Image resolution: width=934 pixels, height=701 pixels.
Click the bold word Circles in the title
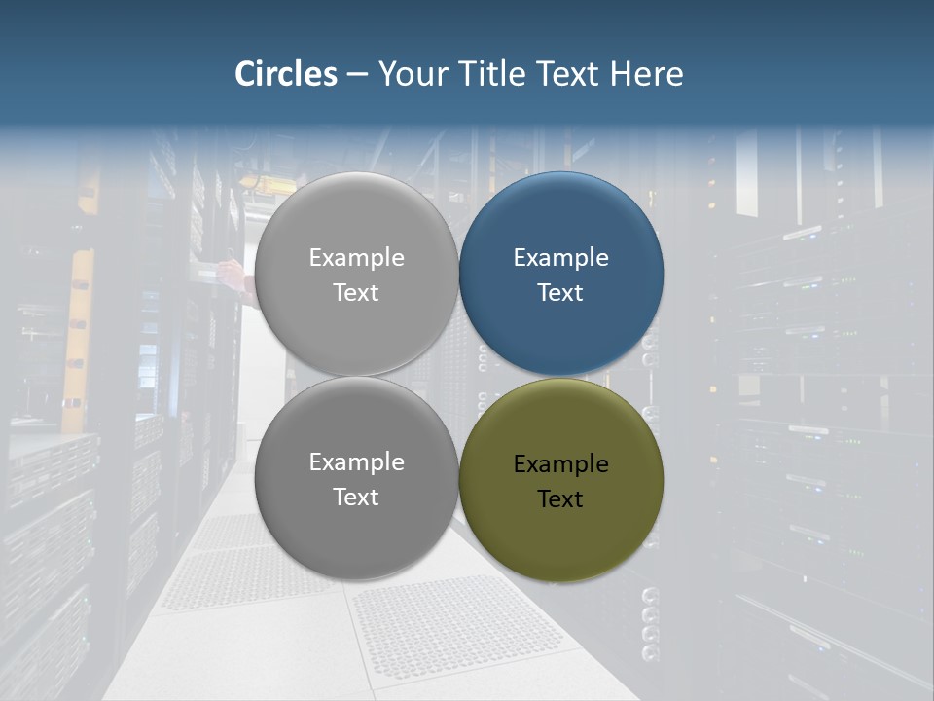[x=286, y=74]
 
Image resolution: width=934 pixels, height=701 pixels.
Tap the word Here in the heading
[x=646, y=74]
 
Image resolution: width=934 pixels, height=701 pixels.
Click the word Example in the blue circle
[x=561, y=258]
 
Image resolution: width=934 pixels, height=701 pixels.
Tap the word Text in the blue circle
[x=560, y=293]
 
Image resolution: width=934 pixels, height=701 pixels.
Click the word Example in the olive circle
[x=561, y=464]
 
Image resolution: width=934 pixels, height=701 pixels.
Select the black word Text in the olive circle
[x=560, y=499]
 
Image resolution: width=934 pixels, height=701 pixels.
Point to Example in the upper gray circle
[x=357, y=258]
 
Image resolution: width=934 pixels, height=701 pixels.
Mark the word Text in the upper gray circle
[x=356, y=293]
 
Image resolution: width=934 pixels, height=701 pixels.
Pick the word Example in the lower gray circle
[x=357, y=462]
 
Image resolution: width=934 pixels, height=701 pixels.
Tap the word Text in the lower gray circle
[x=356, y=498]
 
